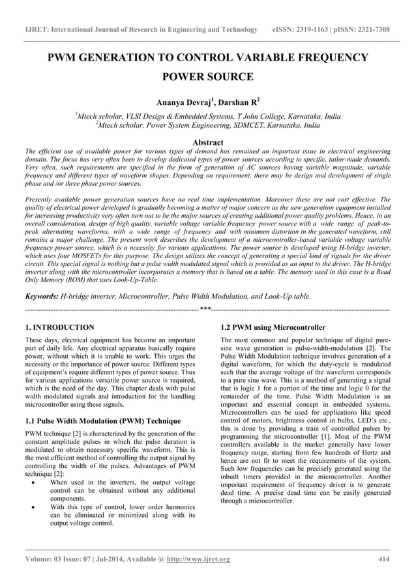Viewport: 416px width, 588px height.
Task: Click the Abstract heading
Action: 208,142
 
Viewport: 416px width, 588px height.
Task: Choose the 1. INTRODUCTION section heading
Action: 59,327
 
